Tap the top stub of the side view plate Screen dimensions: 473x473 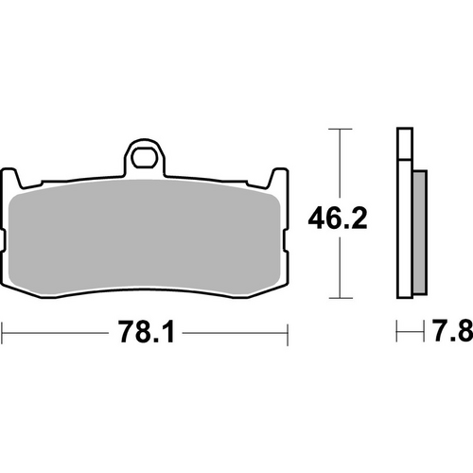404,142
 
